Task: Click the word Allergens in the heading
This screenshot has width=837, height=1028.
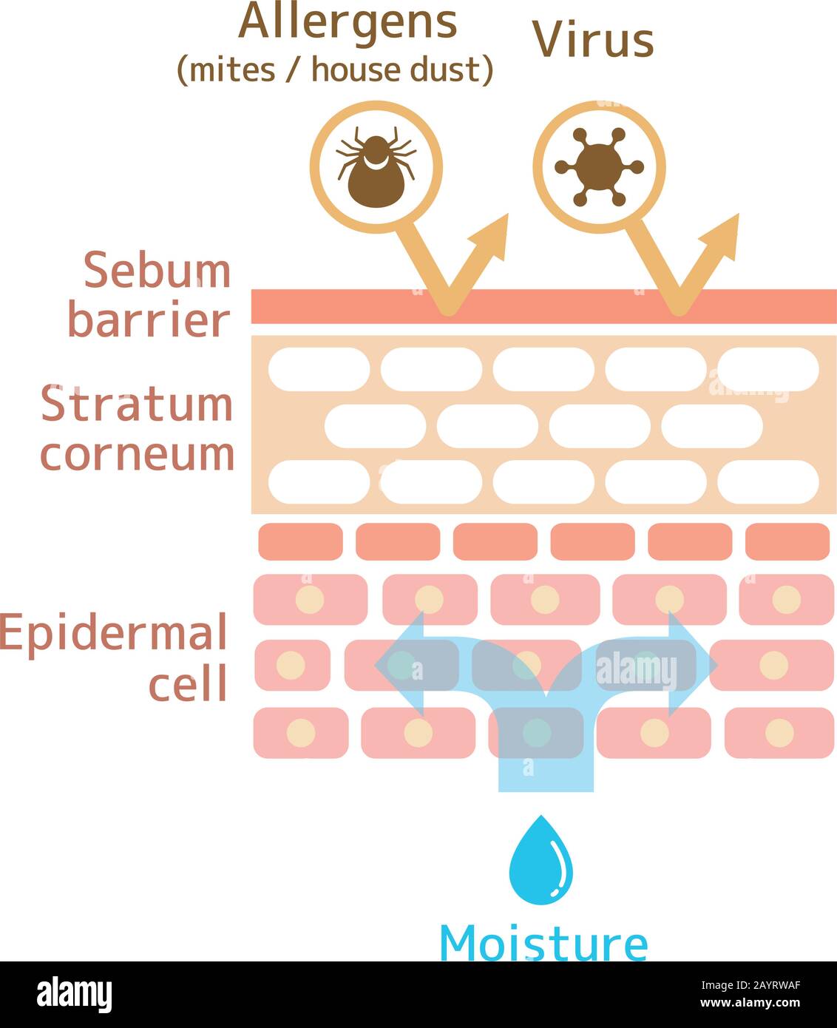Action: [348, 22]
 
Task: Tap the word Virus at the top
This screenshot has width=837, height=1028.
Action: [593, 39]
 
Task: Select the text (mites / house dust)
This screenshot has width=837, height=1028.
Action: [335, 70]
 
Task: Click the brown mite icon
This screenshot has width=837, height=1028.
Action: [376, 167]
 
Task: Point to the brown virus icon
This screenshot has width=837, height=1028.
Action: [599, 167]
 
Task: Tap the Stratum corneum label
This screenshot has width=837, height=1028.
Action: [138, 429]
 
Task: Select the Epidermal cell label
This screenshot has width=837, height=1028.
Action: [115, 657]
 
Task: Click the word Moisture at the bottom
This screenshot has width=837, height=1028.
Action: [543, 944]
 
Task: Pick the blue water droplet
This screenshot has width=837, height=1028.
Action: [541, 862]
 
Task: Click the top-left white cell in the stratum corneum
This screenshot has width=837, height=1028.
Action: [319, 369]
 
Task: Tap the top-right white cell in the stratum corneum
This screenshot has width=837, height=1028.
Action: [768, 369]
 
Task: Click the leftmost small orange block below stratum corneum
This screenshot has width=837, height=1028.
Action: [300, 541]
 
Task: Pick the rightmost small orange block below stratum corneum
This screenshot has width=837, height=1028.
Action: [787, 541]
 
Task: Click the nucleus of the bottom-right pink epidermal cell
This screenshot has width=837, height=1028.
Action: [779, 733]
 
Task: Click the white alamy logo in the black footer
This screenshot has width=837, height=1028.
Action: [75, 995]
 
